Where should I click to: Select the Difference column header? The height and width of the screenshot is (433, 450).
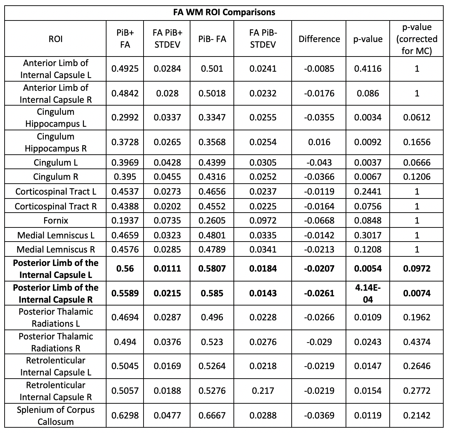click(x=319, y=39)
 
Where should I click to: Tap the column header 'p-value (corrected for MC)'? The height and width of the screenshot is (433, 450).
click(x=416, y=39)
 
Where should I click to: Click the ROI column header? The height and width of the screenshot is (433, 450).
click(x=55, y=39)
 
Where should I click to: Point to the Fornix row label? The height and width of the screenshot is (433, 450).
click(x=55, y=221)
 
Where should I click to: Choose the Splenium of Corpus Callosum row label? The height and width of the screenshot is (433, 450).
click(x=55, y=416)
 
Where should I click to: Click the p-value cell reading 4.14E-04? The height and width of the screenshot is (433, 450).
click(x=367, y=293)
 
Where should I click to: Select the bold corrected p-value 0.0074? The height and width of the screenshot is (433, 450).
click(x=416, y=293)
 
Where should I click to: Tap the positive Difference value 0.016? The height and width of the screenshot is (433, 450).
click(x=319, y=142)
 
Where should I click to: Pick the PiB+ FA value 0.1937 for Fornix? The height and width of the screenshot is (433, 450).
click(x=125, y=221)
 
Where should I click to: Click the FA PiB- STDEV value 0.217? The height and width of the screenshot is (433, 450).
click(x=263, y=391)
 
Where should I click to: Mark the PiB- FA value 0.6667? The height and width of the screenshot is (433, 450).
click(x=212, y=416)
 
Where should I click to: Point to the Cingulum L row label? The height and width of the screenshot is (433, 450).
click(x=55, y=163)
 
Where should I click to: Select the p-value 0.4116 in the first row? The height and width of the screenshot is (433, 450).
click(x=367, y=69)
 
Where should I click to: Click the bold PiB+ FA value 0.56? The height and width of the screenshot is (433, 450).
click(x=125, y=269)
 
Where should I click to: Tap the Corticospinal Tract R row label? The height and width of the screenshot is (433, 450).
click(x=55, y=206)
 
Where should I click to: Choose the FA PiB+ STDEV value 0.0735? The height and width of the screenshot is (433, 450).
click(x=167, y=221)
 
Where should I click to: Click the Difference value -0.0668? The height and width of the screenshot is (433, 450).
click(x=319, y=221)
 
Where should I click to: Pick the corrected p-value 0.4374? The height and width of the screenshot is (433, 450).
click(x=416, y=342)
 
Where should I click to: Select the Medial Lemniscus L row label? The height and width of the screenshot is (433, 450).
click(x=55, y=235)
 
